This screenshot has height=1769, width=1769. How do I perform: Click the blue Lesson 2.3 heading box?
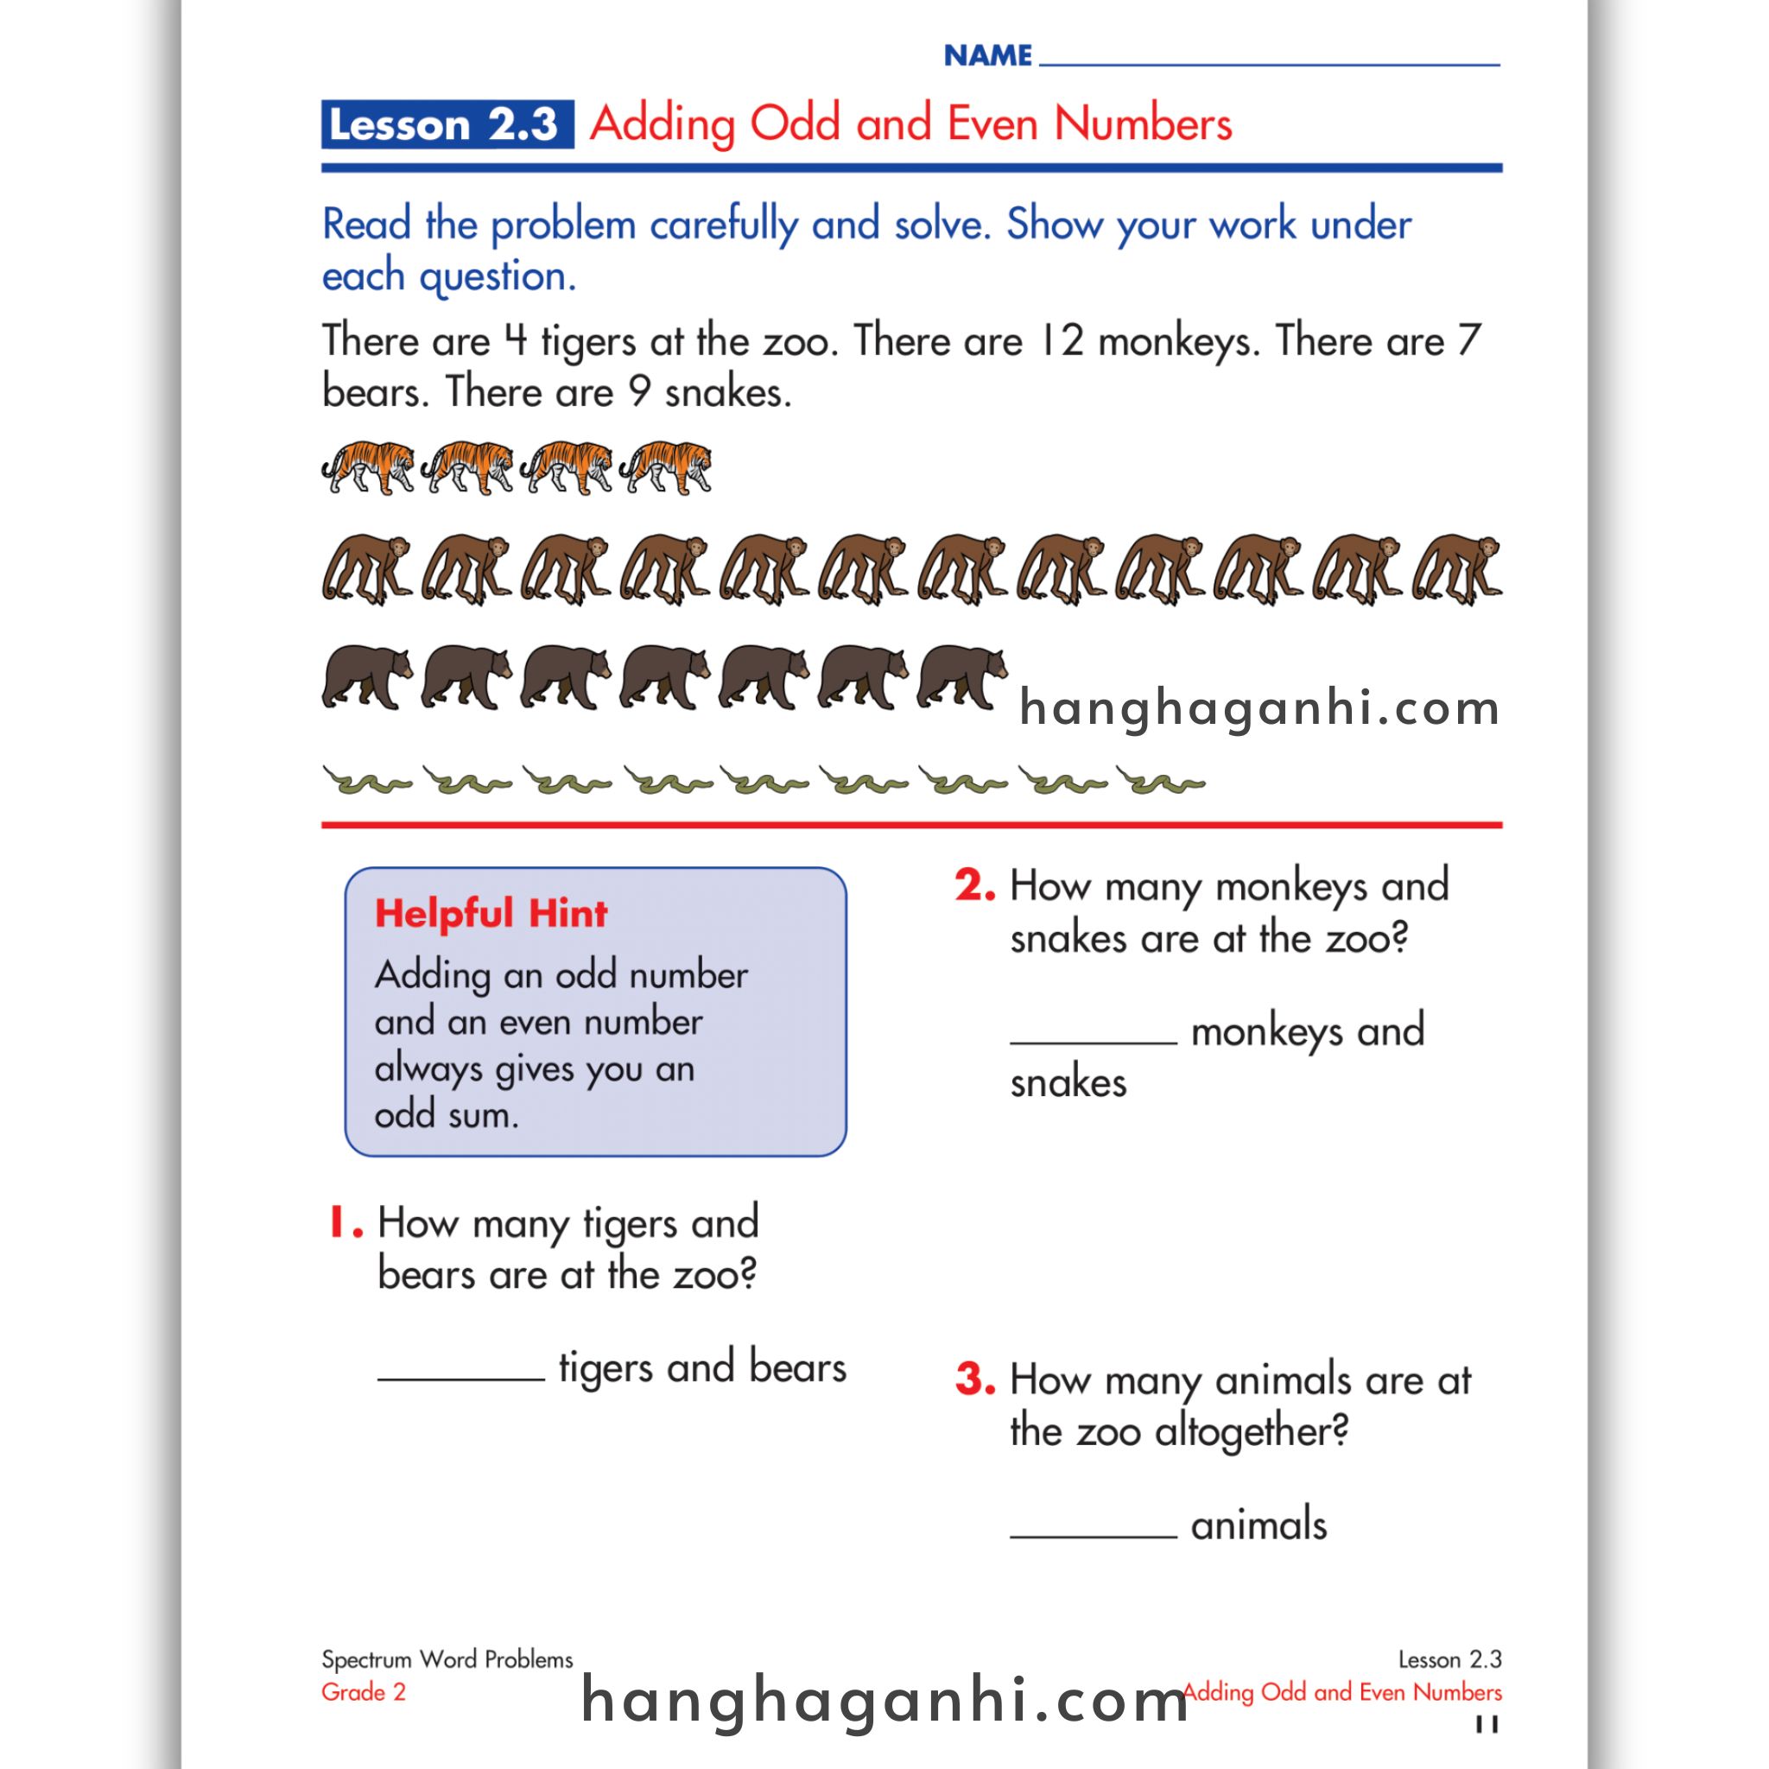447,124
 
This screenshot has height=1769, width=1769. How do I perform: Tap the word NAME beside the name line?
988,56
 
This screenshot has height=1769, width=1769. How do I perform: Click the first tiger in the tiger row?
368,467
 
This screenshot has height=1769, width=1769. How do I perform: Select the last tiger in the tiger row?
666,467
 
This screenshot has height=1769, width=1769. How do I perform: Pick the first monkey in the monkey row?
366,568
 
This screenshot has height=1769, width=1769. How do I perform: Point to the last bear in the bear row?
962,677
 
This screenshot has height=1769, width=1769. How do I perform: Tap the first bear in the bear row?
366,677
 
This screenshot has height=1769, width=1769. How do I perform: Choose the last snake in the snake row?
1160,782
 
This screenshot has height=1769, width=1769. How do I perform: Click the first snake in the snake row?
366,782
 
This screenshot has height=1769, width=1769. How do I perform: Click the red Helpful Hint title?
491,914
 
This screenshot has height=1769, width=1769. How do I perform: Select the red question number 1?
345,1223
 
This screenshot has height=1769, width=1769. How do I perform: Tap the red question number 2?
974,886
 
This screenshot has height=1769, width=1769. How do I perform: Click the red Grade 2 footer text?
364,1692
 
